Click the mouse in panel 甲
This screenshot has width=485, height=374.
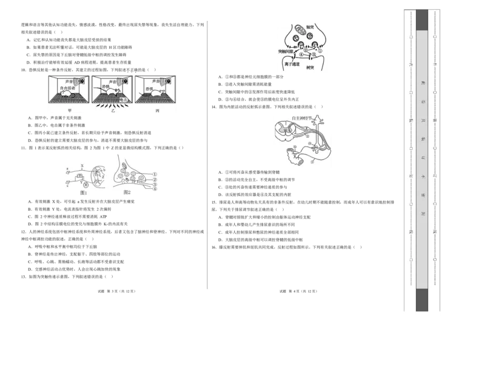(x=69, y=95)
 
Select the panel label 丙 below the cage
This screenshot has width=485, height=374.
(x=157, y=111)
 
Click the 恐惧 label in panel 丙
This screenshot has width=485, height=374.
(x=148, y=89)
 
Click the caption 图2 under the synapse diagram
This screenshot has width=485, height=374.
(x=127, y=192)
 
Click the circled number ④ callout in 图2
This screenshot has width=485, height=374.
(x=155, y=189)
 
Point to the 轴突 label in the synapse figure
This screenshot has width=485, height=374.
(x=310, y=27)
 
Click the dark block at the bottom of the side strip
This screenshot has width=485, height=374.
(x=422, y=300)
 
